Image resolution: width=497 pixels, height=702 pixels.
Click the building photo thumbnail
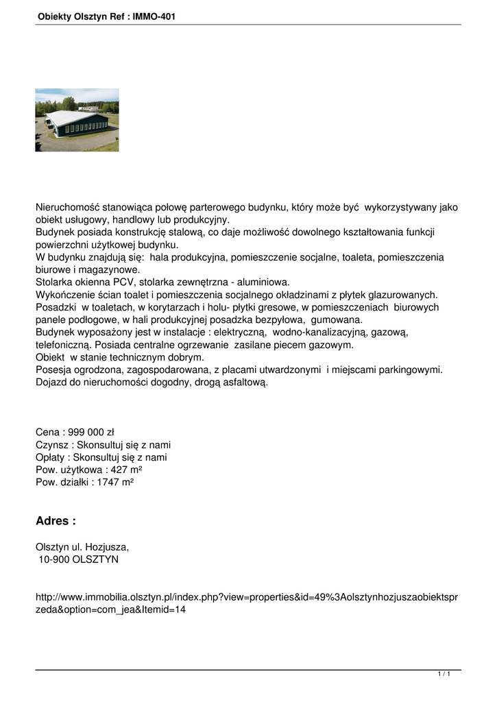coord(77,120)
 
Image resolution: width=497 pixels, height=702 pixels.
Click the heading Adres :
coord(56,521)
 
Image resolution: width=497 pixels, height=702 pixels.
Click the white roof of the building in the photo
coord(72,117)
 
